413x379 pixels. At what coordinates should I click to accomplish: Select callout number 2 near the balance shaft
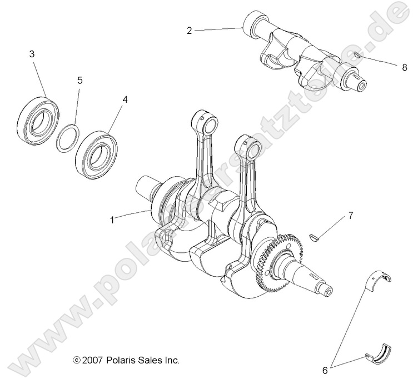pos(189,31)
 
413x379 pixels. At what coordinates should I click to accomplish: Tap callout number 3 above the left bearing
pos(32,54)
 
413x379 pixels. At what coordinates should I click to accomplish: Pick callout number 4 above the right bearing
pos(125,99)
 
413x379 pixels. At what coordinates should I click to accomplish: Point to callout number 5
pos(79,81)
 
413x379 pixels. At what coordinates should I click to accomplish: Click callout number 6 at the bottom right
pos(334,367)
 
